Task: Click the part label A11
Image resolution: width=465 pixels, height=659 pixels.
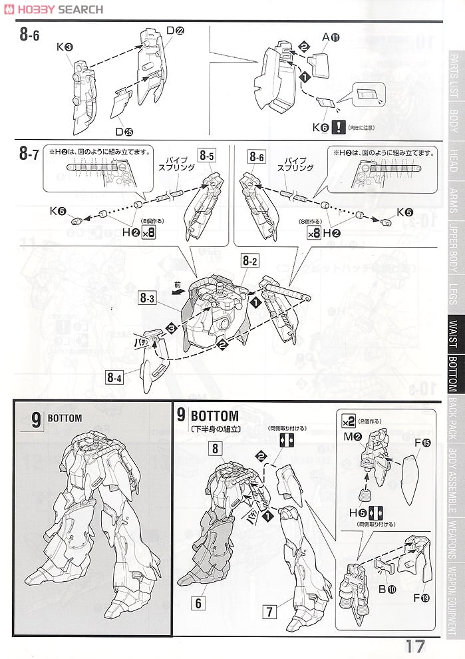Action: pyautogui.click(x=331, y=37)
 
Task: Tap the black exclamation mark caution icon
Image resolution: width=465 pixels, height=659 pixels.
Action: pyautogui.click(x=340, y=125)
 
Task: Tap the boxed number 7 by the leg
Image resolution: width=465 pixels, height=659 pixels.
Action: pyautogui.click(x=270, y=609)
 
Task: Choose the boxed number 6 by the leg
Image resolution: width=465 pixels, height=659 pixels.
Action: pyautogui.click(x=197, y=603)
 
